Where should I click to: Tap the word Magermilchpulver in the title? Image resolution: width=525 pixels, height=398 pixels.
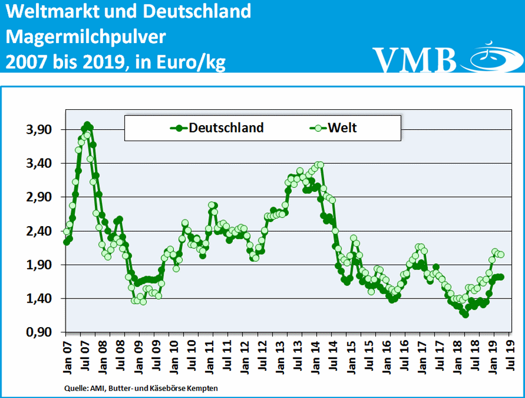pyautogui.click(x=86, y=37)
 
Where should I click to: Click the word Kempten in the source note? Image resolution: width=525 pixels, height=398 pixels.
pyautogui.click(x=204, y=388)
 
